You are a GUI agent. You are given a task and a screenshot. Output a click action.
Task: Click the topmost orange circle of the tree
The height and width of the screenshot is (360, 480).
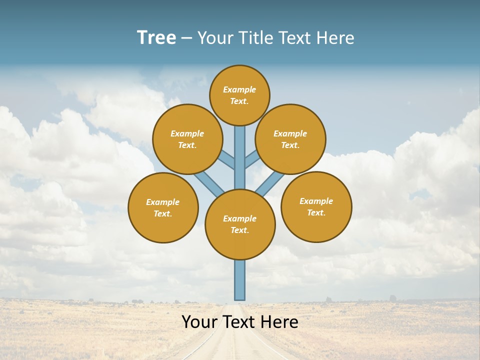pos(239,95)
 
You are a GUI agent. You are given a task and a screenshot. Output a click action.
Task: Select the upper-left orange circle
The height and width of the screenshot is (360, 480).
pos(187,139)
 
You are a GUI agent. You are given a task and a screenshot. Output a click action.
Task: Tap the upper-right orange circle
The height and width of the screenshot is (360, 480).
pos(290,139)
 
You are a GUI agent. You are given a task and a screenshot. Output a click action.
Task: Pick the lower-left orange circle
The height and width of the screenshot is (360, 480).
pos(163,207)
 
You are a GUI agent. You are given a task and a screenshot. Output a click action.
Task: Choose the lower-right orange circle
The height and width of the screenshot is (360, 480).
pos(316,206)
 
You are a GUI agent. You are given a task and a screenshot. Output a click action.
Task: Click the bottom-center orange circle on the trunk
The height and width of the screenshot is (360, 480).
pos(240,224)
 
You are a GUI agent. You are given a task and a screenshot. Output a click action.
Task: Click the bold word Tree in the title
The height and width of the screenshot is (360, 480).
pos(156,37)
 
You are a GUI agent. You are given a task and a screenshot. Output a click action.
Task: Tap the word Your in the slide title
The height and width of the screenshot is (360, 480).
pos(215,38)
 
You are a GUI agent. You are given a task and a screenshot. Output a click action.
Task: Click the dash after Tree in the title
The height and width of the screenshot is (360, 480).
pos(186,38)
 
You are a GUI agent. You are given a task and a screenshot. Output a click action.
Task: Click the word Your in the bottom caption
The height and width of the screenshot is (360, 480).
pos(199,322)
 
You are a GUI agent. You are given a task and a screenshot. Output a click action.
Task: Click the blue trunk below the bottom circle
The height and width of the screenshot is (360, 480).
pos(240,280)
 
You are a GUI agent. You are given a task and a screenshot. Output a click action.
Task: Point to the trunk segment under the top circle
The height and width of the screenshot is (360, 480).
pos(240,150)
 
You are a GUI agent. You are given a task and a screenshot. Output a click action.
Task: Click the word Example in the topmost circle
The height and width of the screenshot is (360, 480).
pos(239,89)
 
